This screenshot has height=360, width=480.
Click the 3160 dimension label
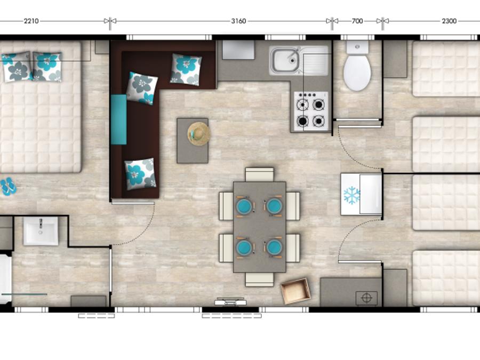[238, 21]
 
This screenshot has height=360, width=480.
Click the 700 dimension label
[357, 21]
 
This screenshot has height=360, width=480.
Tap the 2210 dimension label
[31, 21]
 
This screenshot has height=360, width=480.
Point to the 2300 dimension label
[449, 21]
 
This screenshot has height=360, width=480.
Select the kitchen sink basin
[286, 60]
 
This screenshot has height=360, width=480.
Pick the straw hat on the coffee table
[199, 134]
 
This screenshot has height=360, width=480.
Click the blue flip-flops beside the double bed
[8, 187]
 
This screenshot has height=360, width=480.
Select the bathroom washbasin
[41, 231]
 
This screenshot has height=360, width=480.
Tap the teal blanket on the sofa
[118, 119]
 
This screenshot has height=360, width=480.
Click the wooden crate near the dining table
[295, 291]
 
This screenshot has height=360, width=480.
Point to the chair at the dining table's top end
[260, 174]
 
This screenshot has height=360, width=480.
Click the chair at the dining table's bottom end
[260, 279]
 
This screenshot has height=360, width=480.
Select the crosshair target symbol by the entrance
[366, 298]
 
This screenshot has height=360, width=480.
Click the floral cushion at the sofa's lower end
[140, 174]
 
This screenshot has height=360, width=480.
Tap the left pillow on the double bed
[17, 67]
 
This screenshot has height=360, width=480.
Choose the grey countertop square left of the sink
[238, 50]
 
